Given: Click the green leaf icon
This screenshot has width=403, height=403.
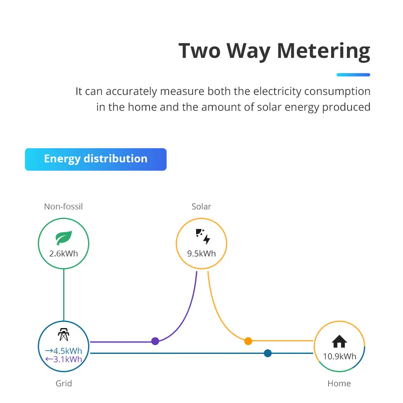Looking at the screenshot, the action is pyautogui.click(x=64, y=238).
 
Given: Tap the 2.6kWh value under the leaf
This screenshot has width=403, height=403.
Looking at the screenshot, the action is pyautogui.click(x=64, y=254).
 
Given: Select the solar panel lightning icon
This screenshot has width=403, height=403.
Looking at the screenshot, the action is pyautogui.click(x=203, y=236).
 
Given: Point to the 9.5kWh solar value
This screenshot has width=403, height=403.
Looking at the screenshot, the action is pyautogui.click(x=201, y=254).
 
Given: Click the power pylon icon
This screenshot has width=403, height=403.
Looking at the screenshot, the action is pyautogui.click(x=64, y=334).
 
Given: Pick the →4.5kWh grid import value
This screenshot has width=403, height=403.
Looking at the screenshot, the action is pyautogui.click(x=64, y=351).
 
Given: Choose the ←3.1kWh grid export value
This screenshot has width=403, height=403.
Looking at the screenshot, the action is pyautogui.click(x=64, y=359).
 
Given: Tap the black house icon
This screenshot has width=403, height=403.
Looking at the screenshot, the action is pyautogui.click(x=339, y=341).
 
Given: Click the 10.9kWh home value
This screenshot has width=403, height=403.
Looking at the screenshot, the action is pyautogui.click(x=339, y=356).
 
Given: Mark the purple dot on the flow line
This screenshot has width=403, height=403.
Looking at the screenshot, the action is pyautogui.click(x=155, y=341).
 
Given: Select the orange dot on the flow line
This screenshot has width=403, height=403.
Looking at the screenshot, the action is pyautogui.click(x=248, y=341).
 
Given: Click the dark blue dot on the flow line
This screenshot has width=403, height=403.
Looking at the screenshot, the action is pyautogui.click(x=268, y=353).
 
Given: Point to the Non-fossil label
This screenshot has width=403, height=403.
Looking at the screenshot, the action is pyautogui.click(x=64, y=206).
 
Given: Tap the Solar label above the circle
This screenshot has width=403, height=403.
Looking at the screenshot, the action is pyautogui.click(x=201, y=206).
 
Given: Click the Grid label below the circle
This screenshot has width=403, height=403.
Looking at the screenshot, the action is pyautogui.click(x=64, y=383).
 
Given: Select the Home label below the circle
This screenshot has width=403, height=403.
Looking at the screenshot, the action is pyautogui.click(x=339, y=383).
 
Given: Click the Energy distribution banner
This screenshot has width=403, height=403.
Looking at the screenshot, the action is pyautogui.click(x=96, y=159).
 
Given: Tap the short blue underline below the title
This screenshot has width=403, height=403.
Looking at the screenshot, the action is pyautogui.click(x=354, y=75).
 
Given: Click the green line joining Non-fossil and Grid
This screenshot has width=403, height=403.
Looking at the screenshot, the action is pyautogui.click(x=64, y=295).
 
